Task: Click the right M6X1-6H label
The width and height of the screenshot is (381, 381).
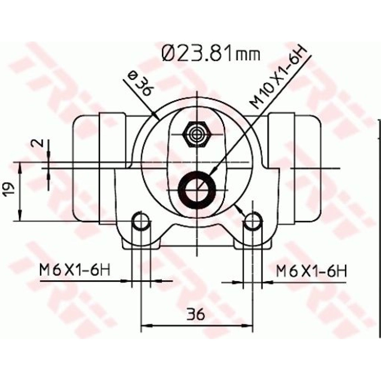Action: pos(311,271)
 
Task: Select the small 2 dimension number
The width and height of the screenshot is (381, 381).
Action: pos(38,143)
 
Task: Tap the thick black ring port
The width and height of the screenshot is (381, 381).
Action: pos(197,189)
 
